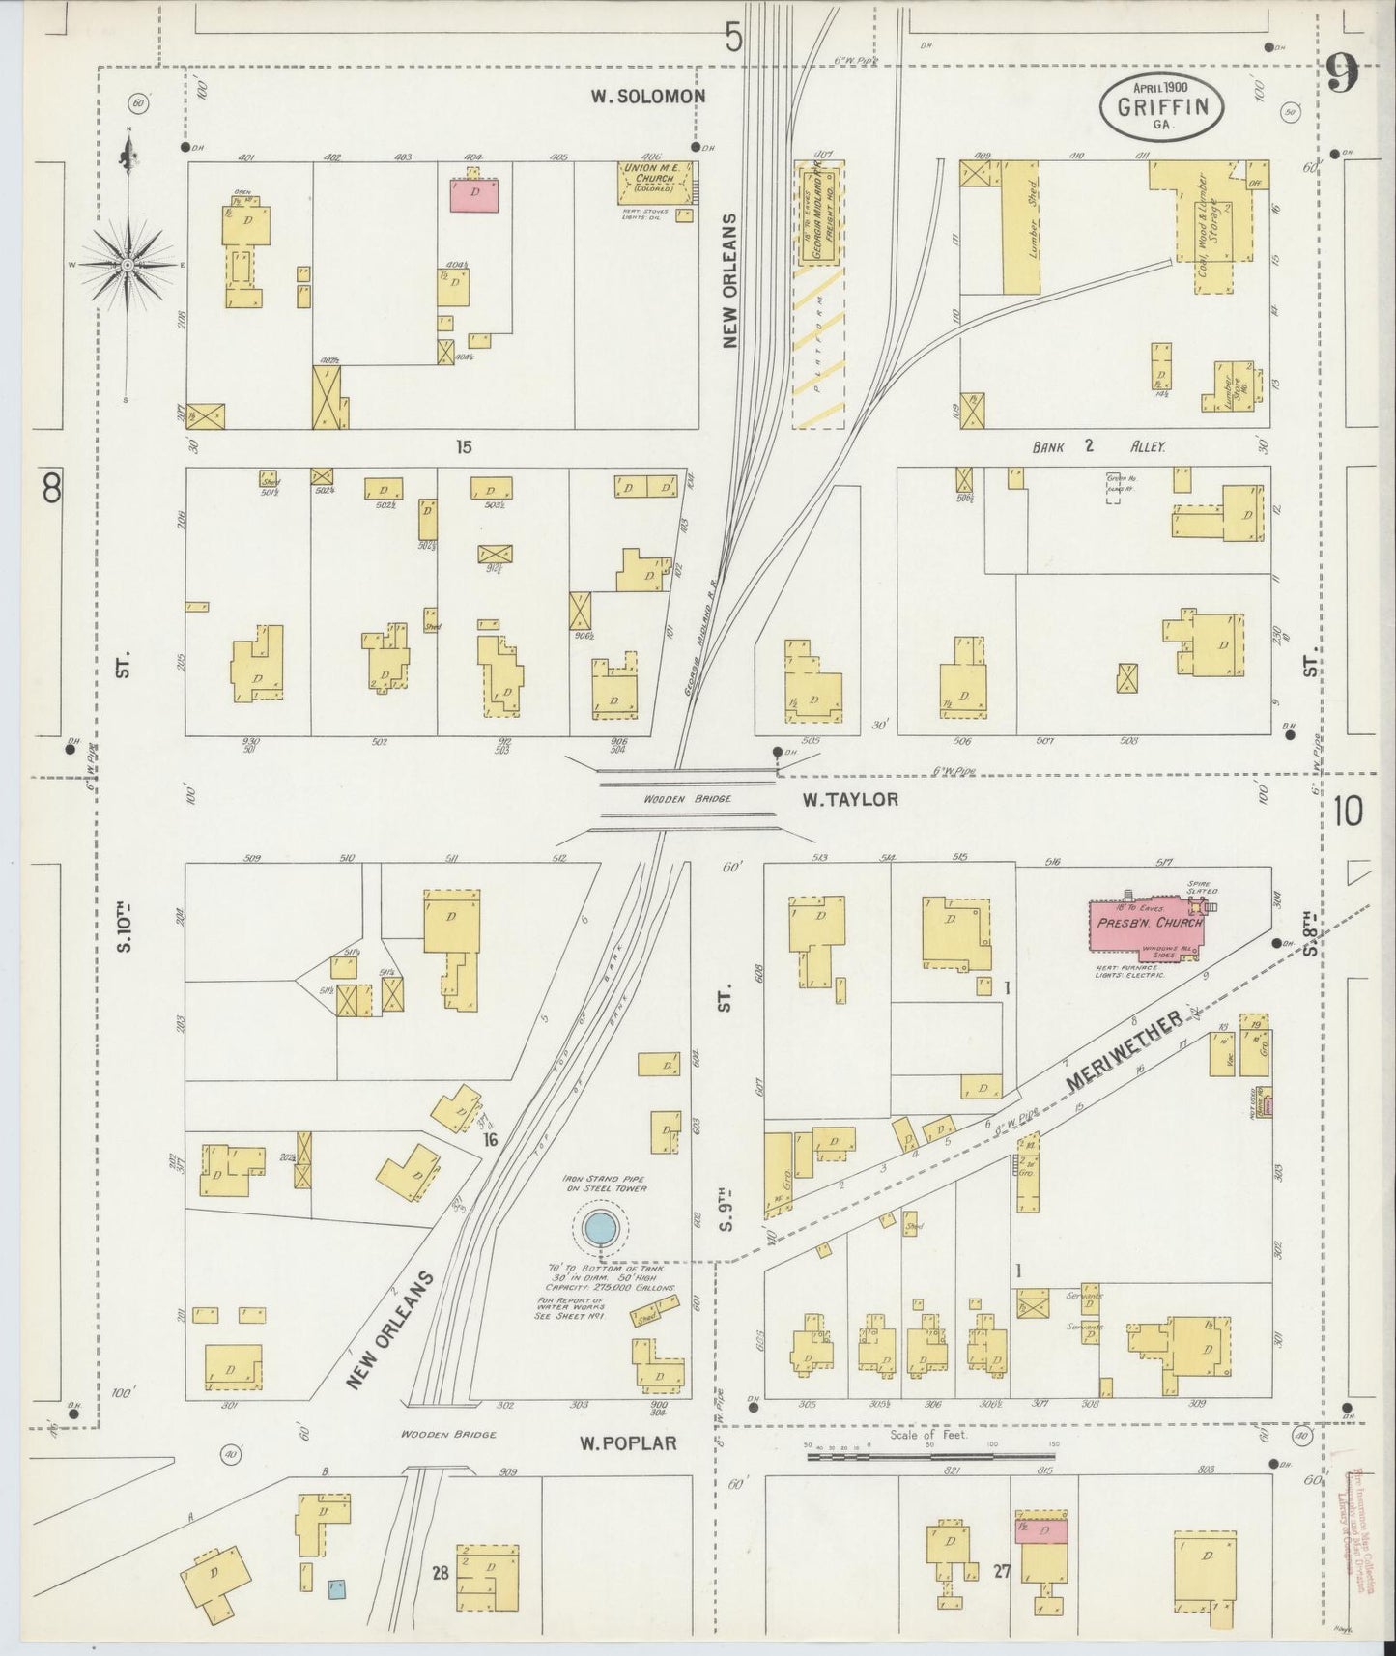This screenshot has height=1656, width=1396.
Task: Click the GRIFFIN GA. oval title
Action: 1161,105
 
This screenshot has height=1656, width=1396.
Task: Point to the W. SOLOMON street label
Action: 648,97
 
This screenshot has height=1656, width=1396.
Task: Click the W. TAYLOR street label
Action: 850,799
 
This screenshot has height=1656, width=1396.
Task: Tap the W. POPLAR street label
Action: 628,1443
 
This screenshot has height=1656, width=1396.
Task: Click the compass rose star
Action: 128,264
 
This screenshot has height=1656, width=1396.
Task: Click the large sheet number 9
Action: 1342,72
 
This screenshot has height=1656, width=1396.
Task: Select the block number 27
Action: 1001,1571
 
